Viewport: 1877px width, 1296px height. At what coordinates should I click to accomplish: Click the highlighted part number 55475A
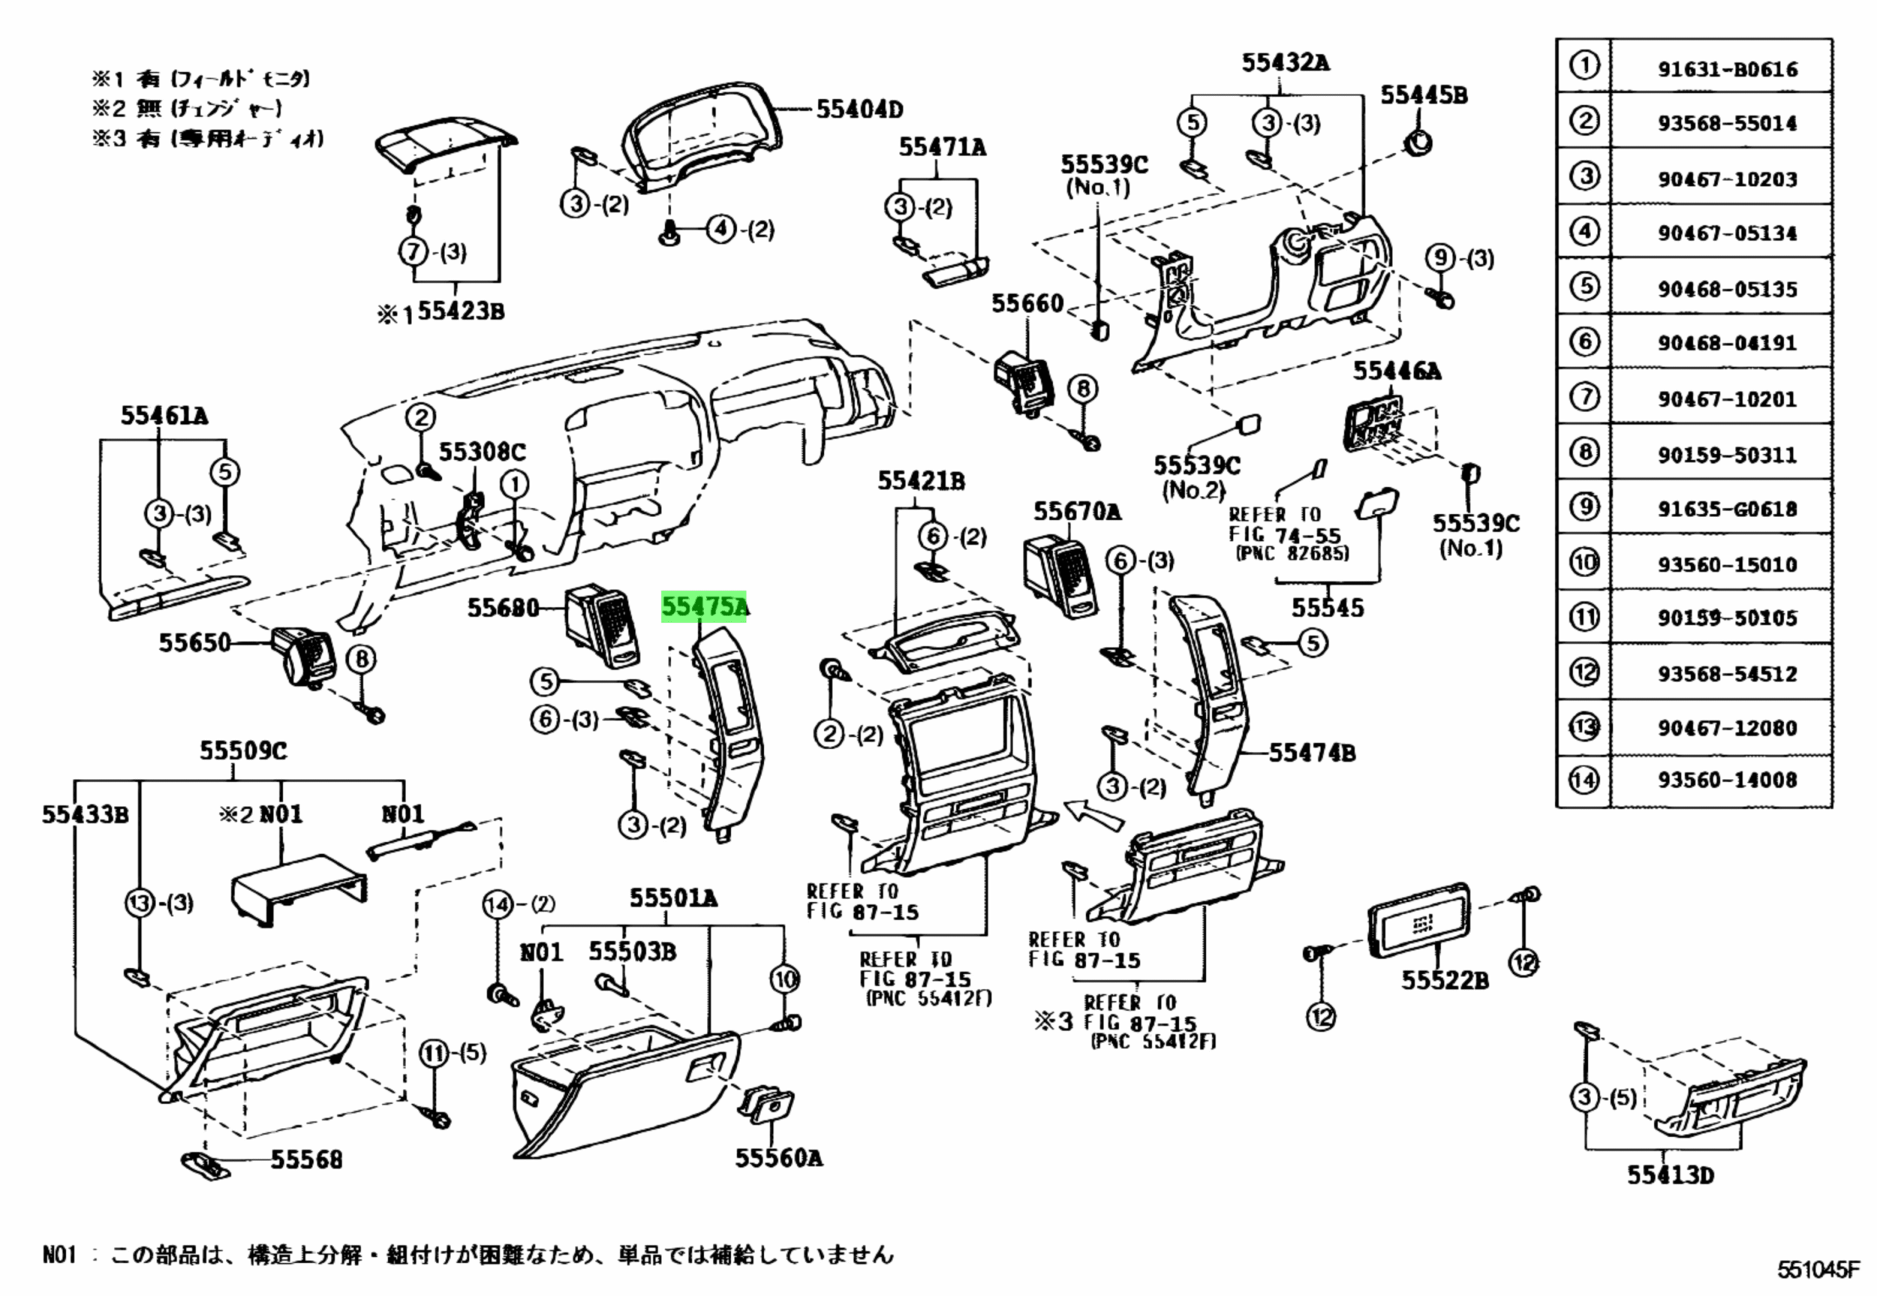pyautogui.click(x=704, y=607)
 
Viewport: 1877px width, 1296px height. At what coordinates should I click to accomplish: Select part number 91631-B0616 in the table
pyautogui.click(x=1727, y=70)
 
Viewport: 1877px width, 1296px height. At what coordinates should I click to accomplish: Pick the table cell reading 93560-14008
pyautogui.click(x=1727, y=780)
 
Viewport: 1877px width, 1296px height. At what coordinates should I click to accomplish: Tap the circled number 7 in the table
pyautogui.click(x=1584, y=397)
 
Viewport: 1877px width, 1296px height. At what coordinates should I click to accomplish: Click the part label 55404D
pyautogui.click(x=859, y=109)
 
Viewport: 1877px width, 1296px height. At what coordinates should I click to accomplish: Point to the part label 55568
pyautogui.click(x=306, y=1160)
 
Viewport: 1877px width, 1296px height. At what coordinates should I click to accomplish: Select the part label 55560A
pyautogui.click(x=779, y=1158)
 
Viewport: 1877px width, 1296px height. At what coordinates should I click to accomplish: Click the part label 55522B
pyautogui.click(x=1444, y=981)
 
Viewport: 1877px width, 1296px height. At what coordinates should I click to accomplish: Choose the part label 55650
pyautogui.click(x=195, y=643)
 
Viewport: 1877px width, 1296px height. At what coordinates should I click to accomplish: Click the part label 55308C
pyautogui.click(x=482, y=453)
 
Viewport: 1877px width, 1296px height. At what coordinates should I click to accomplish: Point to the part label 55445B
pyautogui.click(x=1424, y=96)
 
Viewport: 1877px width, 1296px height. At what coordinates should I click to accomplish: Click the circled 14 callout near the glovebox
pyautogui.click(x=498, y=904)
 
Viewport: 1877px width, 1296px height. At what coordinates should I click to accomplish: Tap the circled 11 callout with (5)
pyautogui.click(x=433, y=1055)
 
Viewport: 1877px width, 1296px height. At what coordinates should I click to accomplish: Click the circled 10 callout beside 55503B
pyautogui.click(x=785, y=980)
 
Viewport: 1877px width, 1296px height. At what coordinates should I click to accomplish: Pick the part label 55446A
pyautogui.click(x=1396, y=372)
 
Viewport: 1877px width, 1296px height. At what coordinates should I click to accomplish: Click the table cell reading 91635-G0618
pyautogui.click(x=1727, y=510)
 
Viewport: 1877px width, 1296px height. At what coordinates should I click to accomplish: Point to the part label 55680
pyautogui.click(x=502, y=607)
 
